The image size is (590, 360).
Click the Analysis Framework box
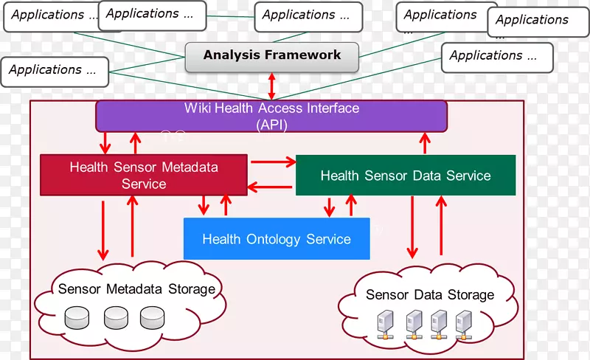(x=272, y=55)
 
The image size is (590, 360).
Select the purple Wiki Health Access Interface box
(x=271, y=117)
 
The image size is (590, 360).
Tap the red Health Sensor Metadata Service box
(x=143, y=175)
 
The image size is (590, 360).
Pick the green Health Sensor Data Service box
(x=405, y=176)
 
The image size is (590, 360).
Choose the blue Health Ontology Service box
(x=276, y=239)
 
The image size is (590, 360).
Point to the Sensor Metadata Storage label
(x=136, y=288)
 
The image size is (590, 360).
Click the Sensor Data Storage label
(x=429, y=295)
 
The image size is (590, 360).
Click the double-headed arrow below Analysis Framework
(x=272, y=86)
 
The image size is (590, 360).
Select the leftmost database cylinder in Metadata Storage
(x=77, y=317)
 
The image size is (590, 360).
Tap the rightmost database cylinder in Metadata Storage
(x=152, y=317)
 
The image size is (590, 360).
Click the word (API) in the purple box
(x=271, y=125)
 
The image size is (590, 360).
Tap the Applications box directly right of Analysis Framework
(x=496, y=57)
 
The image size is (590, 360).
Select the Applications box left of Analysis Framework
(x=55, y=72)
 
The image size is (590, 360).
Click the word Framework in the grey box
(x=305, y=55)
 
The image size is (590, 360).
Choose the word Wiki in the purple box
(x=197, y=108)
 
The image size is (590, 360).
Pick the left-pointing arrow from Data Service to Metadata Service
(x=271, y=187)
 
